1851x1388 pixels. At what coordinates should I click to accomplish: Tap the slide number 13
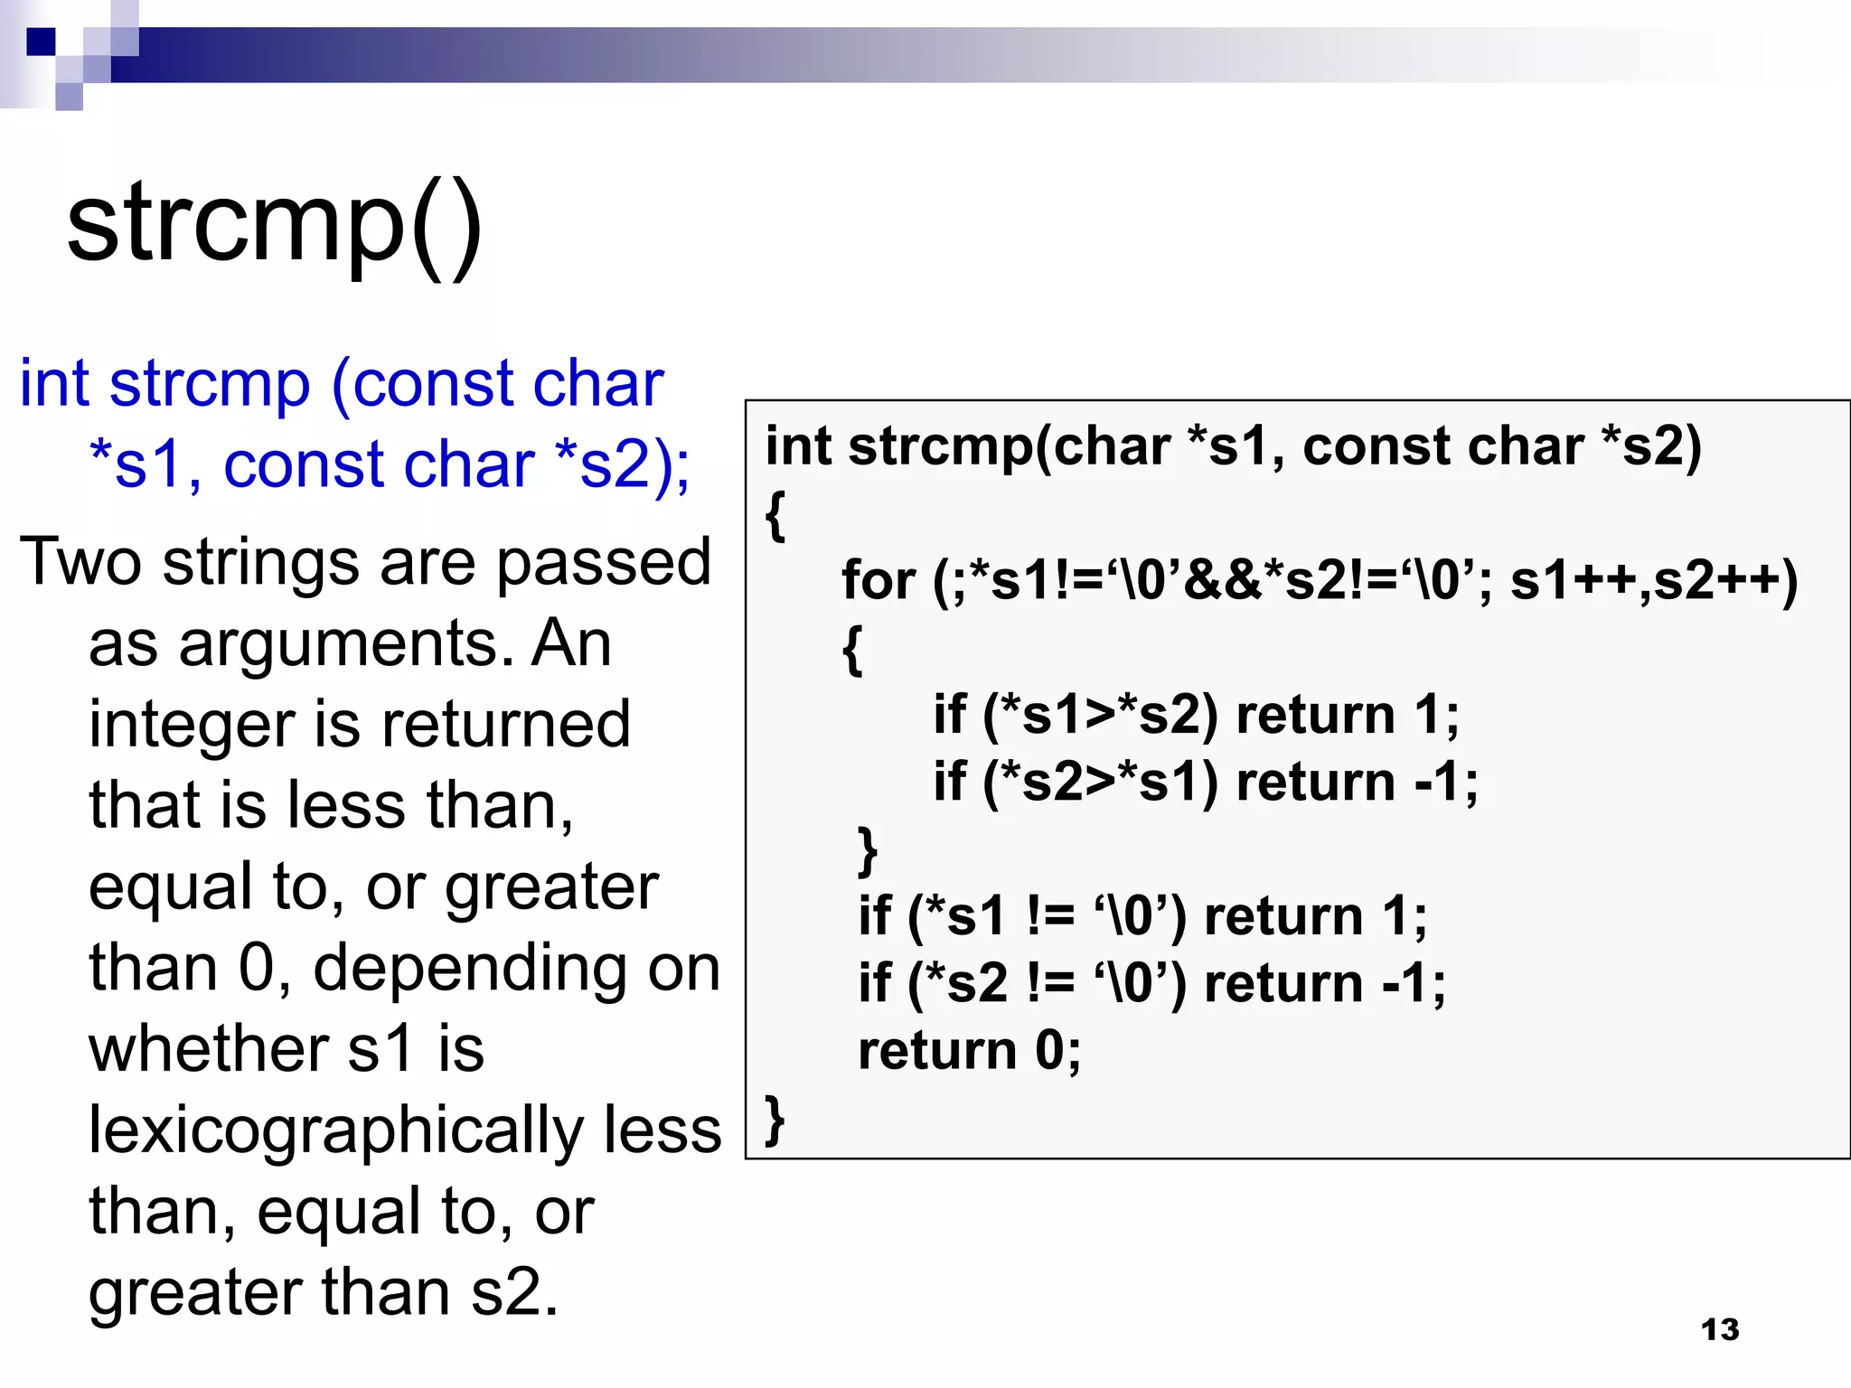point(1719,1329)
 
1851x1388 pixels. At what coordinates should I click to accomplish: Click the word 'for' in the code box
point(878,579)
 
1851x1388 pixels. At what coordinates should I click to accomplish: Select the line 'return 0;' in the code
point(969,1050)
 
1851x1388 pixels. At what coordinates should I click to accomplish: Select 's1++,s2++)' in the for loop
point(1653,579)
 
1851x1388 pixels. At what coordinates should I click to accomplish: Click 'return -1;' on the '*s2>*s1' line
point(1356,781)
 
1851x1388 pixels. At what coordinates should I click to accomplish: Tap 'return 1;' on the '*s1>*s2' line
point(1347,714)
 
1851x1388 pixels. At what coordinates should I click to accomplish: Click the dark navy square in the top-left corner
point(41,42)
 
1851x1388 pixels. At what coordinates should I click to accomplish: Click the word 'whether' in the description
point(208,1049)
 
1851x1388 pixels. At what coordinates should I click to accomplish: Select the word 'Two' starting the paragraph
point(80,562)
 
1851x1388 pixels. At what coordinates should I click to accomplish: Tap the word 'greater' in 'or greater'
point(551,886)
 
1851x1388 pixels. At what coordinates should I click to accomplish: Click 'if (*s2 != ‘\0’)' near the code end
point(1021,983)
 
